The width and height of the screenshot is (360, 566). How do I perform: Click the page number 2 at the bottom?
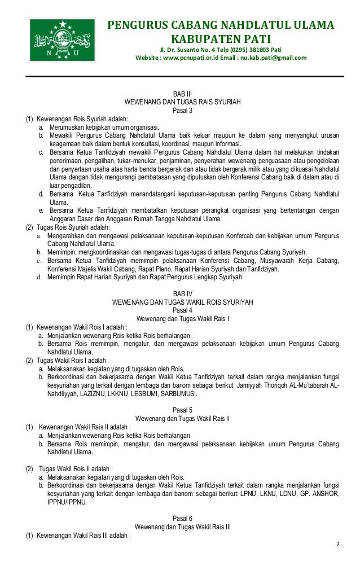[x=338, y=544]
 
